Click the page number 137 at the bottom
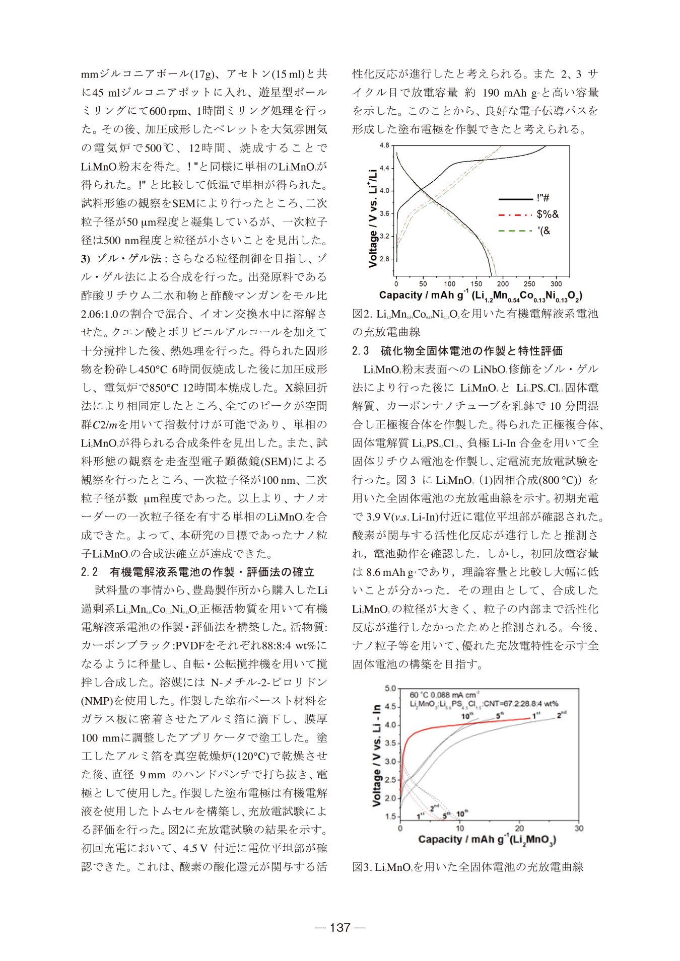(x=340, y=927)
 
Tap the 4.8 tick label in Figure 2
(x=384, y=145)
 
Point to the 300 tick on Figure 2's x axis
(x=556, y=283)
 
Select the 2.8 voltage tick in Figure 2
(x=384, y=259)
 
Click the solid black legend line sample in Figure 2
(x=515, y=199)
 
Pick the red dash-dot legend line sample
(x=515, y=215)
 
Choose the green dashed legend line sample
(x=515, y=231)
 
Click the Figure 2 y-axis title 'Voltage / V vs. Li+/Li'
(x=373, y=217)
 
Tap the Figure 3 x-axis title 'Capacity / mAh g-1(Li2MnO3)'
(x=487, y=839)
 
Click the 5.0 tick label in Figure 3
(x=390, y=688)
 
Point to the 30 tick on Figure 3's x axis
(x=579, y=828)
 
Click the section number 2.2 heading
(x=89, y=572)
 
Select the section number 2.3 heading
(x=360, y=351)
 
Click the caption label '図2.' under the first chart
(x=362, y=314)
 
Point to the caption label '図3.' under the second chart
(x=362, y=867)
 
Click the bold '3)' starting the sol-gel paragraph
(x=85, y=259)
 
